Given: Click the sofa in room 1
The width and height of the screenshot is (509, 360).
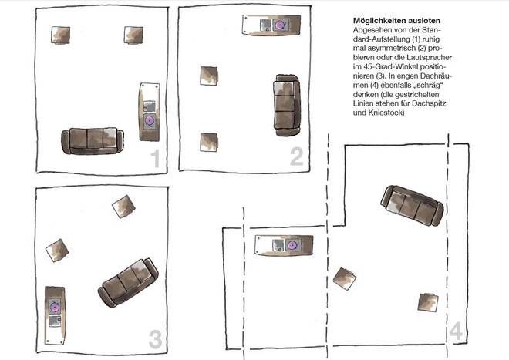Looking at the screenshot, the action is [x=93, y=140].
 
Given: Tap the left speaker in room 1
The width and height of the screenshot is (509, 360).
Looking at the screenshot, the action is [x=61, y=35].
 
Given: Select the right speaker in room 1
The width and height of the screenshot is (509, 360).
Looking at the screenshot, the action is [x=133, y=35].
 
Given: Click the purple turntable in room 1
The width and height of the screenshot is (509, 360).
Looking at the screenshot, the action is [x=150, y=121].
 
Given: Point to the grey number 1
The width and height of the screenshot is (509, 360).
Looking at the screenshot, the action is [x=156, y=159].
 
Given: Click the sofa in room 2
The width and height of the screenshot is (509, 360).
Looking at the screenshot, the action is [x=287, y=105].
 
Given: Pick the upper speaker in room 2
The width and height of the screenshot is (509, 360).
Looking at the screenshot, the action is [x=209, y=76].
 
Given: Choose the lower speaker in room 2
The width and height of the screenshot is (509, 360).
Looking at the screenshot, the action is [x=209, y=142].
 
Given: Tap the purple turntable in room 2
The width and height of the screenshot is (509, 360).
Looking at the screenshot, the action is [x=280, y=25].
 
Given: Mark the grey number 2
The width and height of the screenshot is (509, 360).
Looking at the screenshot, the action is [x=297, y=156].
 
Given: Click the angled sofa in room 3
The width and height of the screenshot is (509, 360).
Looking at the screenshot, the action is [x=128, y=282].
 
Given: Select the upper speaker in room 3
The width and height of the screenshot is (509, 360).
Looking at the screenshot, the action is [x=123, y=207].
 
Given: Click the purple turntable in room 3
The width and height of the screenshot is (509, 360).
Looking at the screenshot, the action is [x=55, y=307].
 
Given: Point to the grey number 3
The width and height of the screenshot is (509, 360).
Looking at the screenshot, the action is [x=156, y=339].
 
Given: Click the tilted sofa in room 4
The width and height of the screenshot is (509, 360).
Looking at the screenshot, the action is [x=413, y=206].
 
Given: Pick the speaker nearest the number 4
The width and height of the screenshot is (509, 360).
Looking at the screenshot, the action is [x=428, y=302].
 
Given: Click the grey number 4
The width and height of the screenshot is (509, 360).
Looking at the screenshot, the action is [x=456, y=331].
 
